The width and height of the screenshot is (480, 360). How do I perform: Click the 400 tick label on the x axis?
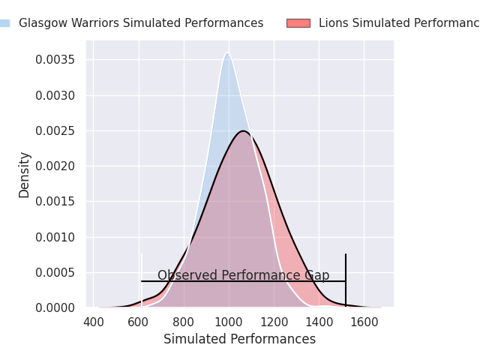click(94, 322)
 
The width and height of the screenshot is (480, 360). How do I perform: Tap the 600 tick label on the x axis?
click(139, 322)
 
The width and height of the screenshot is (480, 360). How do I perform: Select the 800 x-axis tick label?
click(184, 322)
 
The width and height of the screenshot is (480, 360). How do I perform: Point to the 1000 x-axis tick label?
click(229, 322)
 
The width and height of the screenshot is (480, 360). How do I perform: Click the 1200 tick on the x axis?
click(274, 322)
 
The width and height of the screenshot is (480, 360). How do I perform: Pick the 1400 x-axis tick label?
click(319, 322)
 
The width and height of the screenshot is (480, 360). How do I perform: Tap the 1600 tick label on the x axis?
click(364, 322)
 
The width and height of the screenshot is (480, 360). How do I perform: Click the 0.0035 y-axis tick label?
click(55, 60)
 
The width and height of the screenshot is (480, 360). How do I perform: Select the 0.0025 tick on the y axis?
click(55, 131)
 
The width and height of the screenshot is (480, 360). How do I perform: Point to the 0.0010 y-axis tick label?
click(55, 237)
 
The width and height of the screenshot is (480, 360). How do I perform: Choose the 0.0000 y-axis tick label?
click(55, 307)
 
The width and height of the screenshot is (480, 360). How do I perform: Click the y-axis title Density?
click(25, 175)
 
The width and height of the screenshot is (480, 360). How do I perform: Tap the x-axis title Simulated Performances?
click(239, 340)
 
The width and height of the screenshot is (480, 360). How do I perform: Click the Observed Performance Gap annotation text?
click(243, 275)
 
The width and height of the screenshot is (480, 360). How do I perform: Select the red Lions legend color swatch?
click(298, 23)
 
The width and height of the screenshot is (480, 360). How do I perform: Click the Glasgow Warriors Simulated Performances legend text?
click(141, 23)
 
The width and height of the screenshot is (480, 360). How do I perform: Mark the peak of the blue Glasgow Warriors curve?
click(227, 52)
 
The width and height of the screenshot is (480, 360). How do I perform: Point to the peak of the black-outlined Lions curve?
click(244, 131)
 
